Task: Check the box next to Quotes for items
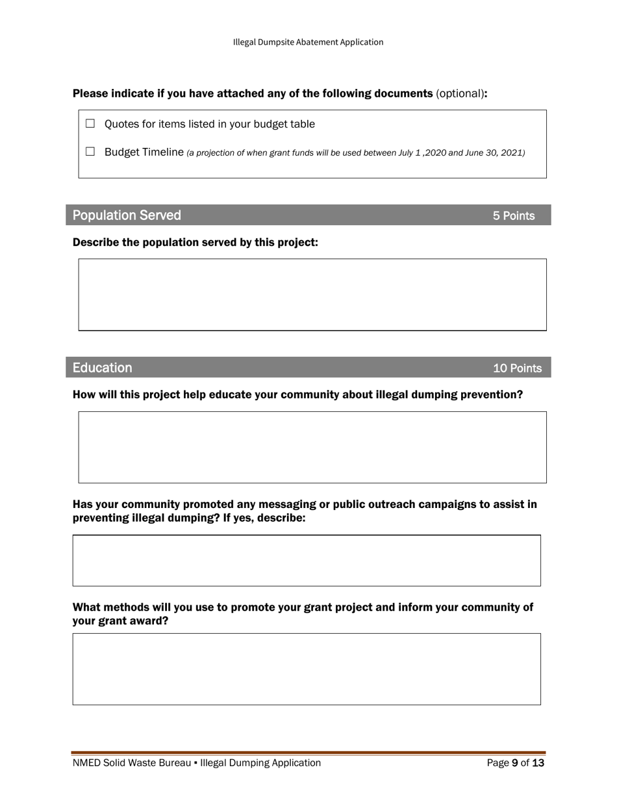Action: tap(90, 123)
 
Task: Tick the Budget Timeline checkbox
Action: tap(90, 152)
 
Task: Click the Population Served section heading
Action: tap(127, 215)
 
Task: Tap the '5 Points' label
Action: tap(513, 216)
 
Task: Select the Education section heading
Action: tap(102, 368)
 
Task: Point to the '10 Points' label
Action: tap(517, 369)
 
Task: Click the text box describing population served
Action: tap(312, 295)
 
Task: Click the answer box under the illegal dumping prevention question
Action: tap(312, 447)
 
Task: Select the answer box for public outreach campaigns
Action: tap(307, 561)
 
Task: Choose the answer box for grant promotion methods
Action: tap(307, 669)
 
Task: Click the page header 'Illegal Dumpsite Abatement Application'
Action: tap(308, 42)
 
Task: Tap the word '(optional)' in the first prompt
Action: tap(460, 93)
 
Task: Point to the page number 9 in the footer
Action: tap(515, 763)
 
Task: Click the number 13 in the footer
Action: tap(538, 763)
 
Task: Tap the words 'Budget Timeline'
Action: tap(144, 152)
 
